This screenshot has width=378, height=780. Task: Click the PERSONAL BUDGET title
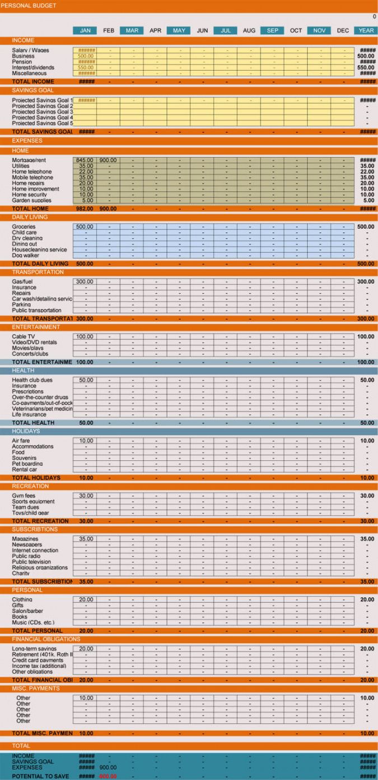click(x=29, y=6)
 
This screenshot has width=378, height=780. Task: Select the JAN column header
click(x=85, y=30)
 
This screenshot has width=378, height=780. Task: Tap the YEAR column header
click(x=366, y=30)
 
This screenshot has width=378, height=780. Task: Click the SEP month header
click(x=272, y=30)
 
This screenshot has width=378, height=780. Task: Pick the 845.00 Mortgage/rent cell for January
click(x=85, y=160)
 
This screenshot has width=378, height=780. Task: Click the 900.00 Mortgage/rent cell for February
click(x=108, y=160)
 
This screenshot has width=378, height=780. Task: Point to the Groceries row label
click(x=24, y=227)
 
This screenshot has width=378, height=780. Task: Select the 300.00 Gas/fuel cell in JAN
click(x=85, y=281)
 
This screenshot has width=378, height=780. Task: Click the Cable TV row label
click(x=24, y=336)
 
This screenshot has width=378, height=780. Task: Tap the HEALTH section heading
click(x=23, y=371)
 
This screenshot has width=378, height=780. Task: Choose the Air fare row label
click(x=21, y=441)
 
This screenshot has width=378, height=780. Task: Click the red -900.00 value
click(x=108, y=776)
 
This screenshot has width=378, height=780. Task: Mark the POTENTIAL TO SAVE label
click(x=41, y=776)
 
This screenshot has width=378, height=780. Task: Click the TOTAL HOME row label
click(x=30, y=209)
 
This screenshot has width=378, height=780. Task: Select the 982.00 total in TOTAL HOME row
click(x=85, y=209)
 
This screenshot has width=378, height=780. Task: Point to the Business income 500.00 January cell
click(x=85, y=56)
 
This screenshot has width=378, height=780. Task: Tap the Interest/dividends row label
click(x=33, y=67)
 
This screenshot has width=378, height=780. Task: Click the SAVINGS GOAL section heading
click(x=32, y=90)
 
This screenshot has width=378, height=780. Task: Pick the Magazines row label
click(x=25, y=539)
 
